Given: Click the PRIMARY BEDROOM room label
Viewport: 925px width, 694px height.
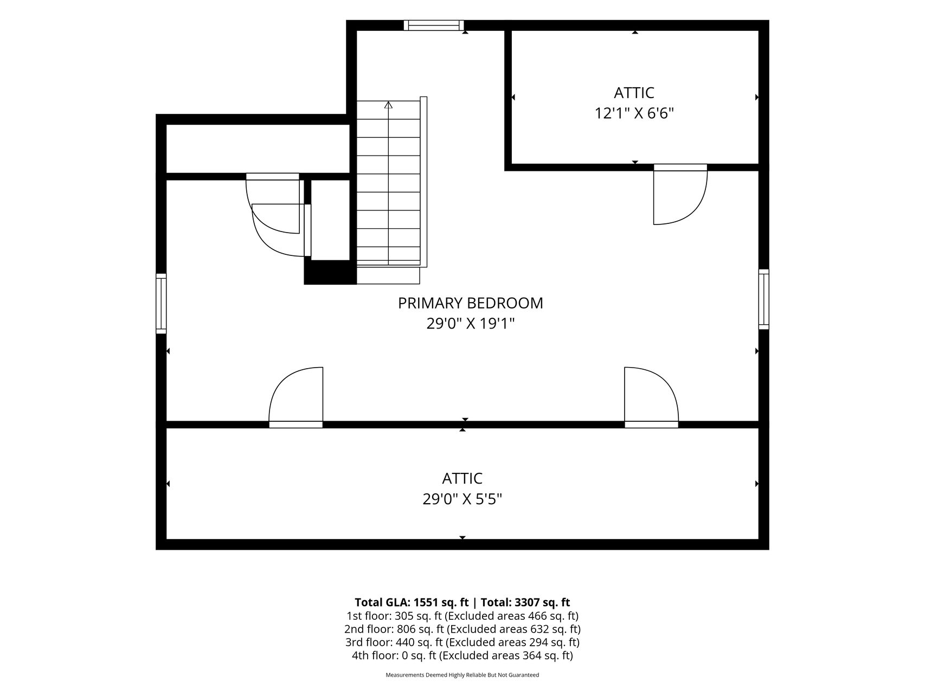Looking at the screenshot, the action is tap(470, 303).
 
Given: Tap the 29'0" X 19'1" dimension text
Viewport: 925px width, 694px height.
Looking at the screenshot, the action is tap(470, 324).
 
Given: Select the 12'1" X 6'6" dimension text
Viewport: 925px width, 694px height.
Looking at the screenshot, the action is tap(634, 113).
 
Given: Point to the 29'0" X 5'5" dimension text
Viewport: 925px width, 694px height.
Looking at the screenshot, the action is tap(462, 499).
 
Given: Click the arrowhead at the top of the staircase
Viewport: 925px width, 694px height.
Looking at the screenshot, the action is tap(388, 105).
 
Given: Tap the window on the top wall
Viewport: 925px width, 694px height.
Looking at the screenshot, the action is tap(434, 25).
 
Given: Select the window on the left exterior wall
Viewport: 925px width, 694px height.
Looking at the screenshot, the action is tap(161, 303).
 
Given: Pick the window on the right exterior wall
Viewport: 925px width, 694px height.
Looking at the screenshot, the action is tap(763, 299).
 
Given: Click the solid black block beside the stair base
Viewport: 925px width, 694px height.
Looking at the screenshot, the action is tap(330, 272).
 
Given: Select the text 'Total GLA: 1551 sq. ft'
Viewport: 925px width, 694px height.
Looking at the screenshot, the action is tap(412, 602).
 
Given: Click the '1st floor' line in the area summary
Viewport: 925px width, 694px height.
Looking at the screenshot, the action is tap(462, 616).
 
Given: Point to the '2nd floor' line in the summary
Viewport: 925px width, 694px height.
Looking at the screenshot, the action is tap(462, 629).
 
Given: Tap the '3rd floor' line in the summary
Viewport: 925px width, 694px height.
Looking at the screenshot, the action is tap(462, 642).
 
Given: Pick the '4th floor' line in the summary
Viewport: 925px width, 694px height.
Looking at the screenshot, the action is tap(462, 656).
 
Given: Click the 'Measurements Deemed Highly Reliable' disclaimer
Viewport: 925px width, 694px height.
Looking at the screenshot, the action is tap(462, 675).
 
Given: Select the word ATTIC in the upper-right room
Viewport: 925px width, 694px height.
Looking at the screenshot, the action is tap(634, 93).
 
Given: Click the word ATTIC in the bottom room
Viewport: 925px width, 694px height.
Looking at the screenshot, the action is tap(462, 478).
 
